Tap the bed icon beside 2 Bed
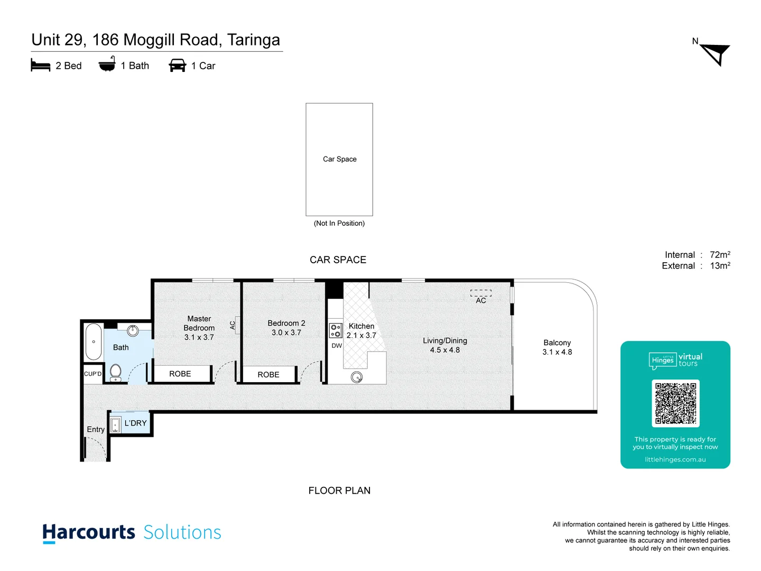41,66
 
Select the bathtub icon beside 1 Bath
107,65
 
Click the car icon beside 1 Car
177,66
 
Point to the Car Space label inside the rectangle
339,159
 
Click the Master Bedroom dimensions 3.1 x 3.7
199,337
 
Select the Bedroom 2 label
286,323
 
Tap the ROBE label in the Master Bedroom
180,374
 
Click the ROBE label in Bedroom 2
268,375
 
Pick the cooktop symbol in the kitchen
336,331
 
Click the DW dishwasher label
337,346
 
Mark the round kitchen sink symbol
357,377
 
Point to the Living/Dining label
444,341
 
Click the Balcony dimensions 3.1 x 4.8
557,352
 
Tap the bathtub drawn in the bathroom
94,342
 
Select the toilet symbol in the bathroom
116,372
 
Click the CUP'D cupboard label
92,374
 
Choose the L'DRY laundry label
135,423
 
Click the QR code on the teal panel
675,403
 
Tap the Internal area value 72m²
720,255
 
